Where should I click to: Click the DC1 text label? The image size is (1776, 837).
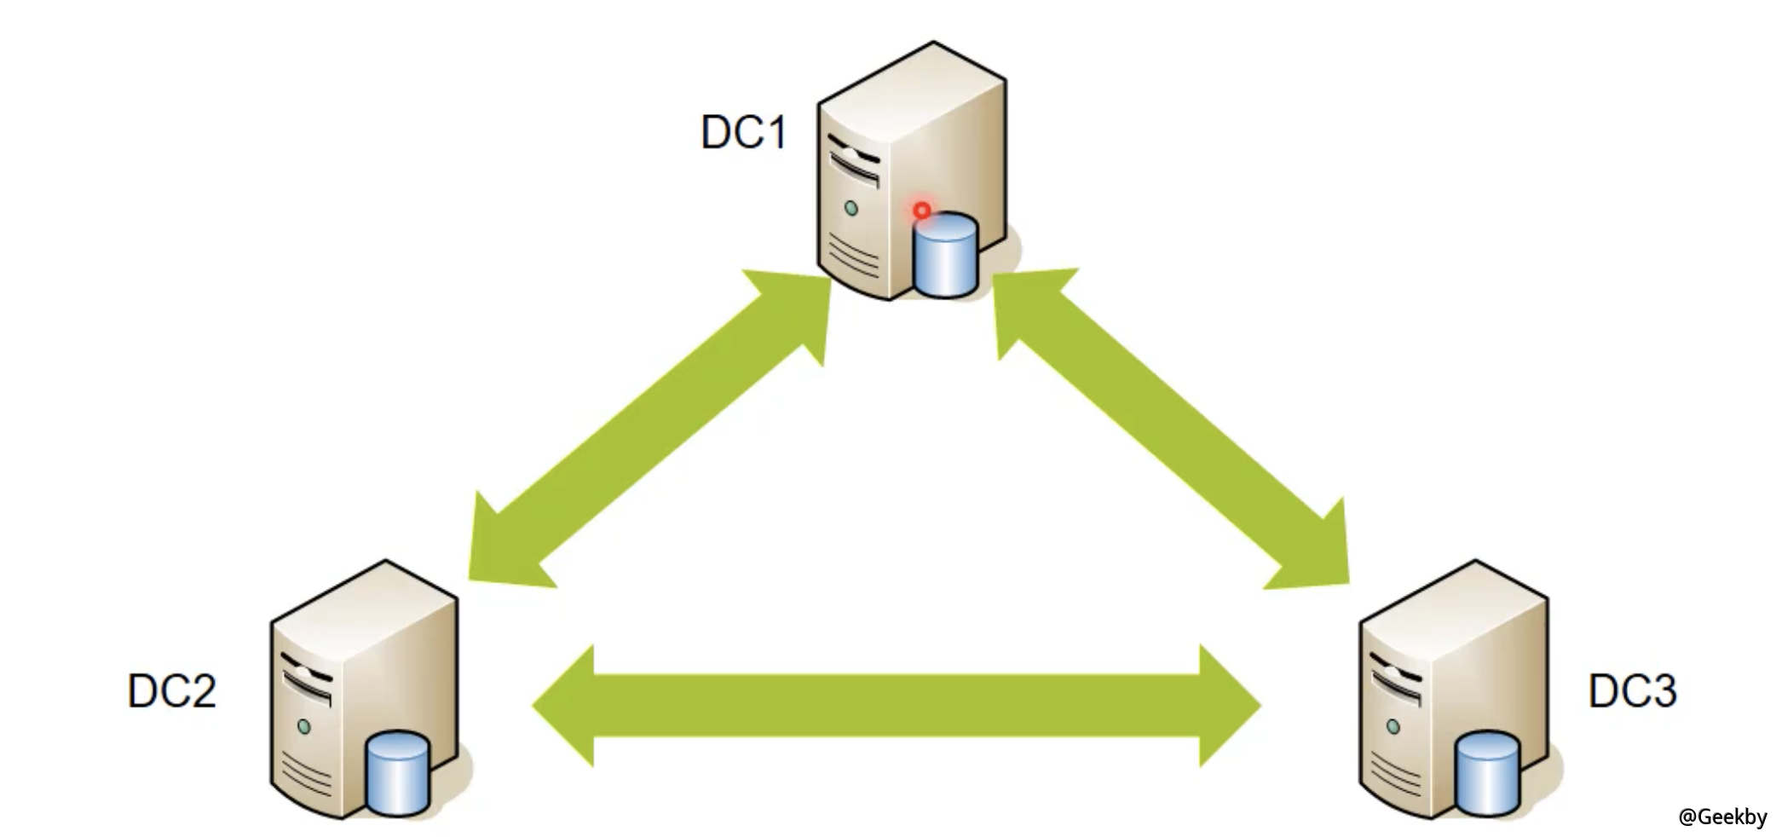pyautogui.click(x=743, y=132)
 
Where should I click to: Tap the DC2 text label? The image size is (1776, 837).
pyautogui.click(x=171, y=690)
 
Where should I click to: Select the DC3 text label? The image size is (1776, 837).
pyautogui.click(x=1631, y=690)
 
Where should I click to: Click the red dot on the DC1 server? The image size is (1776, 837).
pyautogui.click(x=921, y=210)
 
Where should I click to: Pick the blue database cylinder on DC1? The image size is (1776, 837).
pyautogui.click(x=944, y=256)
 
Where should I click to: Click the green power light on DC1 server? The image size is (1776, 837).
pyautogui.click(x=851, y=207)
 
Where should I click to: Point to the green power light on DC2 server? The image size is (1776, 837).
pyautogui.click(x=303, y=727)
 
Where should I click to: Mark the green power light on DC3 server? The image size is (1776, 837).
pyautogui.click(x=1393, y=727)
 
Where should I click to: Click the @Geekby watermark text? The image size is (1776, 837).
pyautogui.click(x=1722, y=817)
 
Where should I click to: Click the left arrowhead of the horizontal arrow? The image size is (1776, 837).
pyautogui.click(x=567, y=706)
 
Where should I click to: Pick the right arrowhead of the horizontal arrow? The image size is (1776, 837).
pyautogui.click(x=1227, y=706)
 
